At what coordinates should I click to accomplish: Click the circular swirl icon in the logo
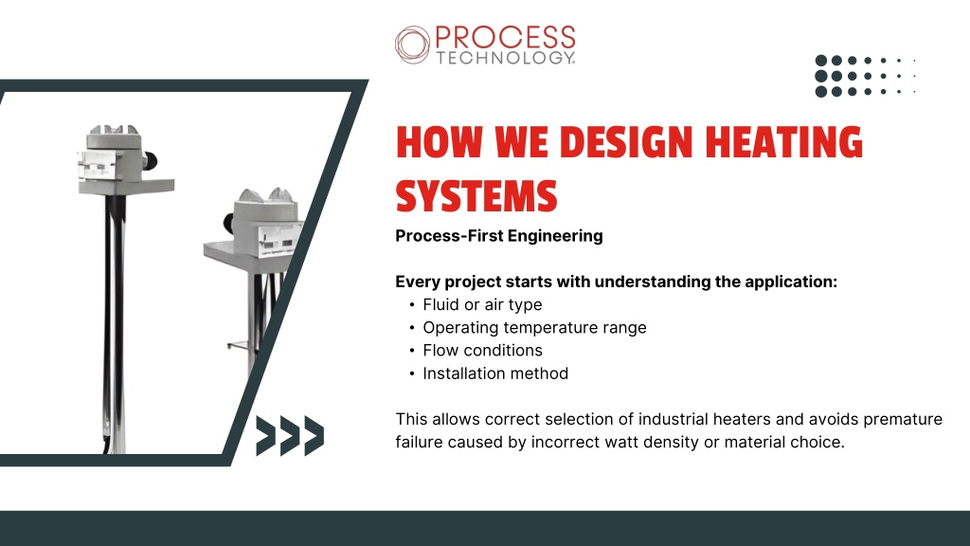click(x=413, y=45)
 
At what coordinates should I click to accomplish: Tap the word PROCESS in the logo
click(x=506, y=37)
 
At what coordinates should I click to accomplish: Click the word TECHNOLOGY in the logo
click(x=506, y=58)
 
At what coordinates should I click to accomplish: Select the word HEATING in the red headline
click(x=783, y=142)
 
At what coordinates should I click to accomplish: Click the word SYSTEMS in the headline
click(x=476, y=195)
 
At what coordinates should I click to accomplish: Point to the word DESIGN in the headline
click(x=626, y=142)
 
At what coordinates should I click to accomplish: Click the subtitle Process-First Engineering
click(x=499, y=236)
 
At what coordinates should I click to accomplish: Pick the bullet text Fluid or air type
click(x=482, y=304)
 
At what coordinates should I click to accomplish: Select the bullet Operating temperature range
click(x=534, y=327)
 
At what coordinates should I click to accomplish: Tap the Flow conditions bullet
click(x=482, y=351)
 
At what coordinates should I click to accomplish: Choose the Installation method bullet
click(x=495, y=373)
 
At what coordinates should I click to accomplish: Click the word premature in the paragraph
click(x=903, y=419)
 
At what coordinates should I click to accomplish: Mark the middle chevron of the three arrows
click(x=290, y=436)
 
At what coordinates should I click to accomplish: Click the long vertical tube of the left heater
click(x=115, y=322)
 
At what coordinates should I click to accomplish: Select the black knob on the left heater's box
click(x=151, y=161)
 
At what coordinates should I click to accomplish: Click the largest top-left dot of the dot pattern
click(x=821, y=61)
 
